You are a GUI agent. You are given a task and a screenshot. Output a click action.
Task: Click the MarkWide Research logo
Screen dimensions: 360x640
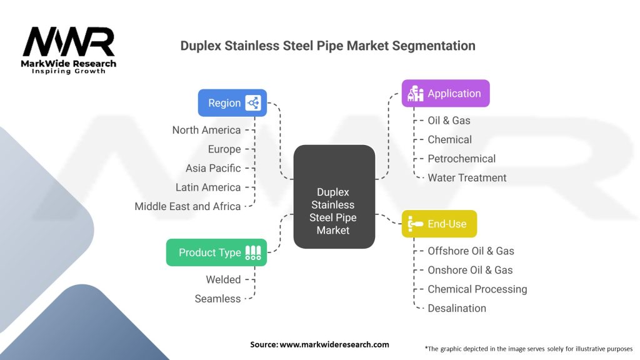[x=69, y=51]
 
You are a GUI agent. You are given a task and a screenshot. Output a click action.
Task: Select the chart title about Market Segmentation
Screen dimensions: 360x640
[x=327, y=46]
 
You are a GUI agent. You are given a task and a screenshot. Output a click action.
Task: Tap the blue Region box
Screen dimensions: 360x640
[x=232, y=103]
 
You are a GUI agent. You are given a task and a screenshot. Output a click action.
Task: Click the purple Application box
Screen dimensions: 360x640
[x=445, y=94]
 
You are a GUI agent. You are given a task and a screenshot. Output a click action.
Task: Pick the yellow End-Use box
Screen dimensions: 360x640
[x=439, y=224]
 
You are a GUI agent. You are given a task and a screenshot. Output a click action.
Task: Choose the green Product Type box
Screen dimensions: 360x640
[x=216, y=252]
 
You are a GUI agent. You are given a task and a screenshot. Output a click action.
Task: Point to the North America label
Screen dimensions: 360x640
[x=206, y=130]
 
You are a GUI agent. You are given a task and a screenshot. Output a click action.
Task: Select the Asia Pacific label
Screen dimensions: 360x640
[x=212, y=168]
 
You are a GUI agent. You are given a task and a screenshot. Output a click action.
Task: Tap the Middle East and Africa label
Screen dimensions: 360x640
[x=187, y=206]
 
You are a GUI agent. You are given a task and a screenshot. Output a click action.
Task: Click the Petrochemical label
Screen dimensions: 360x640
[x=461, y=159]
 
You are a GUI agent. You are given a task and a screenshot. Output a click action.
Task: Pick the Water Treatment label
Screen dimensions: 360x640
[x=467, y=178]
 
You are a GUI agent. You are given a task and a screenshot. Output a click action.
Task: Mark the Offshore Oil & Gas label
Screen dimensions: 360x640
[x=471, y=251]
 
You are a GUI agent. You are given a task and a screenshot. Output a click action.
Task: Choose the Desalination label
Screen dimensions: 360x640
[x=456, y=308]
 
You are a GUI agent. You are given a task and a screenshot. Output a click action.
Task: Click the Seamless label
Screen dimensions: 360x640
[x=217, y=299]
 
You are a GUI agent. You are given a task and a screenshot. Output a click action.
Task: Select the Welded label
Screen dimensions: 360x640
[x=223, y=280]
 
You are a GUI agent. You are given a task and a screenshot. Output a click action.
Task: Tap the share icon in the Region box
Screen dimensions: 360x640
[x=252, y=103]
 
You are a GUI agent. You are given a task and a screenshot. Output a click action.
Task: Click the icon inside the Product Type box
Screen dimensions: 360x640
[x=253, y=252]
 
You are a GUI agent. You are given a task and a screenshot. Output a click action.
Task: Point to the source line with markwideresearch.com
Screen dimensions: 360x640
[x=319, y=344]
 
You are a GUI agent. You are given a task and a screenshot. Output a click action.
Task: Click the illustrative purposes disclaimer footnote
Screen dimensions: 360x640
[x=528, y=348]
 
